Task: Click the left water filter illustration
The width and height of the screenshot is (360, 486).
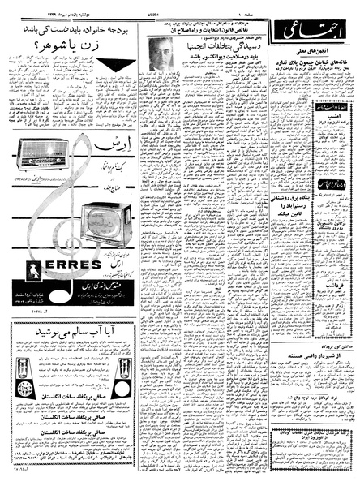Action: tap(32, 369)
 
